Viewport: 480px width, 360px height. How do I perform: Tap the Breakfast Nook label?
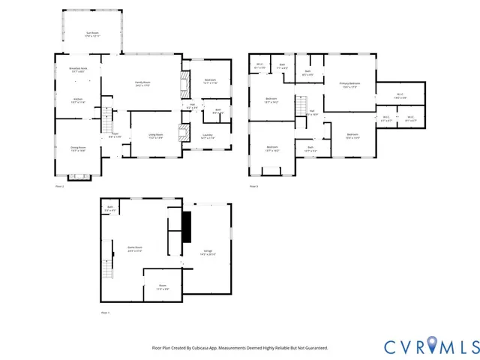78,70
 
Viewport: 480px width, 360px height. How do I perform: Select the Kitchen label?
78,100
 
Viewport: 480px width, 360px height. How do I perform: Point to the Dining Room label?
78,150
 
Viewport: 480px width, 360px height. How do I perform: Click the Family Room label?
142,83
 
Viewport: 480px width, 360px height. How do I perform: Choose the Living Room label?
156,136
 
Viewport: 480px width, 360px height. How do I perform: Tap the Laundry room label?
208,136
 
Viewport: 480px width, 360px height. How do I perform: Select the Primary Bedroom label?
349,85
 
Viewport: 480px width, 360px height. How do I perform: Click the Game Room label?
135,249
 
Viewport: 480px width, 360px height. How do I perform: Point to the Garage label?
208,253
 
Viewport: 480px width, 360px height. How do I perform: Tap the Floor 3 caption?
253,185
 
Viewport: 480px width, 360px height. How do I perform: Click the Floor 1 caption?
105,312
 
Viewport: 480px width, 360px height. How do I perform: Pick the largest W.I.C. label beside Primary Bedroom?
400,95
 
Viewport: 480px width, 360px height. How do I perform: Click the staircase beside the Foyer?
106,116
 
